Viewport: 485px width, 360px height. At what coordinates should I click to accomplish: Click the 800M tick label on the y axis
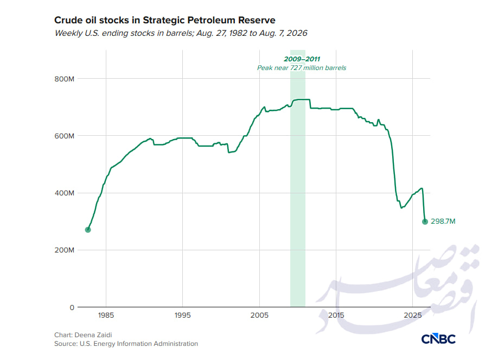click(65, 79)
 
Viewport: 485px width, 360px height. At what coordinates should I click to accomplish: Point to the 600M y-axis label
click(65, 136)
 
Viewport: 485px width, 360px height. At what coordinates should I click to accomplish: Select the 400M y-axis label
click(65, 193)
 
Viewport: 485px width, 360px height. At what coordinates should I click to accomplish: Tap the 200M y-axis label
click(65, 250)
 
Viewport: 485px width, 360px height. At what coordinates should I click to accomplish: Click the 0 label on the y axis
click(72, 307)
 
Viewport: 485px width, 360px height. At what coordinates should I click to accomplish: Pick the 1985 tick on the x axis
click(106, 315)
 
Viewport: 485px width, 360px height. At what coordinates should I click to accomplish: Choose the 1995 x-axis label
click(182, 315)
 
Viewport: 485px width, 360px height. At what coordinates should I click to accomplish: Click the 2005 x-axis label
click(259, 315)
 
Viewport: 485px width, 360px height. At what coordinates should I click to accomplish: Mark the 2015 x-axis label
click(336, 315)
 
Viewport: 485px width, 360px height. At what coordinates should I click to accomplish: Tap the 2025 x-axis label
click(413, 315)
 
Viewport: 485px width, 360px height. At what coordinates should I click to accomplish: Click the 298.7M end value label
click(443, 222)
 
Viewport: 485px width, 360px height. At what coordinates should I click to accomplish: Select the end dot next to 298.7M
click(425, 222)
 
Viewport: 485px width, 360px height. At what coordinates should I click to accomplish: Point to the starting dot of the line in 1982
click(88, 230)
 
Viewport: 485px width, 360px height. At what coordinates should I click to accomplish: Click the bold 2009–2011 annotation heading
click(302, 59)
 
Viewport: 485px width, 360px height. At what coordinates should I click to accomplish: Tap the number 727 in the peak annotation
click(296, 68)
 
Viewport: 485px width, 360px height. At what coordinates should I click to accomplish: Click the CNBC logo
click(438, 339)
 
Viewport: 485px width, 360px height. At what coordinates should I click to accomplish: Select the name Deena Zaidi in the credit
click(93, 335)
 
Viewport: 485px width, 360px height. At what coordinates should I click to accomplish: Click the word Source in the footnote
click(65, 344)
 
